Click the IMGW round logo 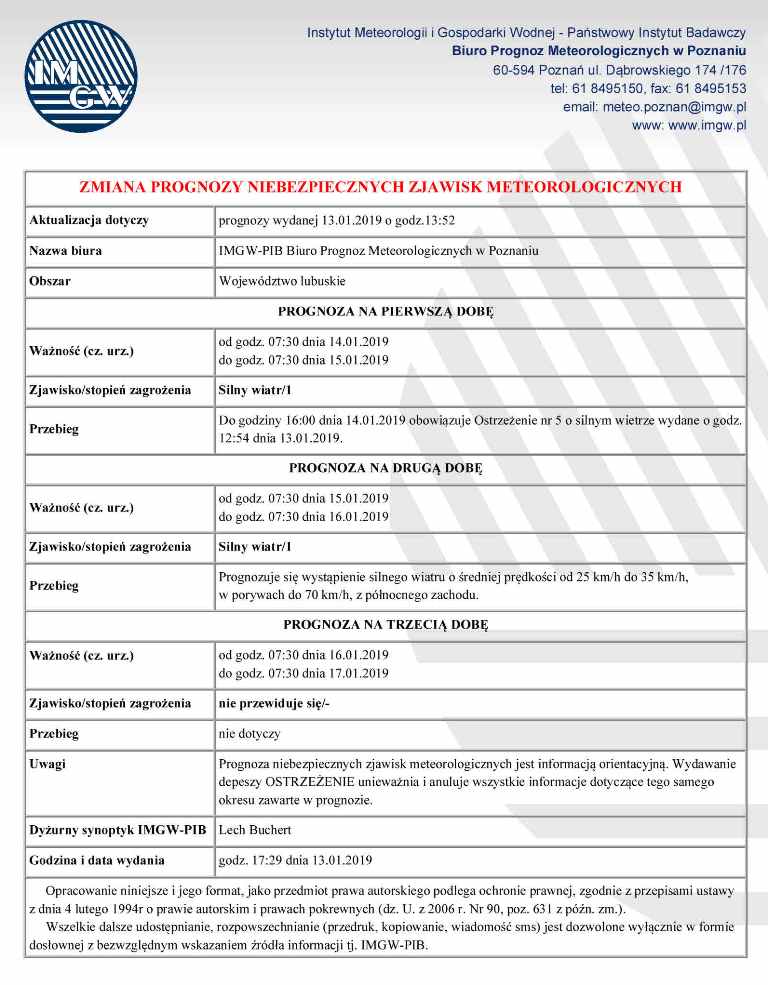(78, 78)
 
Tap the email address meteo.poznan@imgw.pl (655, 107)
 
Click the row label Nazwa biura (66, 250)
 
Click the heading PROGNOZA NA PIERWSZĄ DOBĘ (385, 311)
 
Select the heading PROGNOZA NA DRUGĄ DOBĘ (385, 467)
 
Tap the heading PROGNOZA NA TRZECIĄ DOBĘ (385, 624)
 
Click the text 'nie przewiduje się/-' (274, 703)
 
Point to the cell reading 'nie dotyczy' (249, 733)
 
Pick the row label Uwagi (48, 763)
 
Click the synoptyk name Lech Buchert (255, 830)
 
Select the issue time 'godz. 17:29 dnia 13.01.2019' (295, 860)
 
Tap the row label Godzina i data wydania (97, 860)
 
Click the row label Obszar (50, 281)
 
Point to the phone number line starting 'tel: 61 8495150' (648, 89)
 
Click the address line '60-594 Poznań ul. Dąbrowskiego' (620, 70)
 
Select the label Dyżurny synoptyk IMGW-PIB (118, 830)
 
